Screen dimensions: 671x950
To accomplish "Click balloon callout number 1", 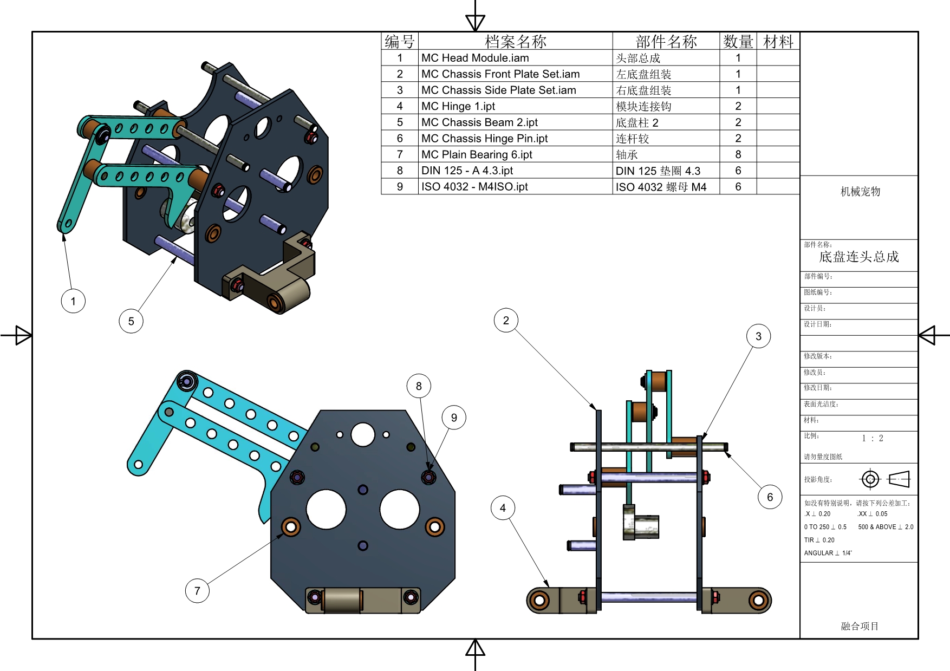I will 73,301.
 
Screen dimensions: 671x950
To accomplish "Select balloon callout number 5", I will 131,321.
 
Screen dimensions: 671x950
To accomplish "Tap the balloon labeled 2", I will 506,320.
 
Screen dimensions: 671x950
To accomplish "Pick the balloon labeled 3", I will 758,336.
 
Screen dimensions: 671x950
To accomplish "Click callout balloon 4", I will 503,508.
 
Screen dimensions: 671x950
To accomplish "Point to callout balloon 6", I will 770,497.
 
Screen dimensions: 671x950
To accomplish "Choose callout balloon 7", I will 197,591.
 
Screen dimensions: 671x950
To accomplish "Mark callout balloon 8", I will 419,386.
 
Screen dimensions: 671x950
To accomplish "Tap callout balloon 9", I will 454,418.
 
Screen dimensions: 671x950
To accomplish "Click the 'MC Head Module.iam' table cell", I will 475,58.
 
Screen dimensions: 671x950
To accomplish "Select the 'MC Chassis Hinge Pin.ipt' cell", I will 484,139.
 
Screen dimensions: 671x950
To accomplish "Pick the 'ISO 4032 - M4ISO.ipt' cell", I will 474,187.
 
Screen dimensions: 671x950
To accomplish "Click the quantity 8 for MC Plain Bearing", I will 738,154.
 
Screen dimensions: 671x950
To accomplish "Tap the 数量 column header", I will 738,41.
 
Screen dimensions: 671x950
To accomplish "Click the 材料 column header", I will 778,41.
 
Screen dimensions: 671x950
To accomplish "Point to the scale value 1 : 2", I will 873,438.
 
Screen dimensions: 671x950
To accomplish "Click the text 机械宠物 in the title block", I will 860,191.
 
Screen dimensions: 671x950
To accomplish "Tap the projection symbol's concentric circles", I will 870,479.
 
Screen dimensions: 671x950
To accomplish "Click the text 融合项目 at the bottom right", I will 860,626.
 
